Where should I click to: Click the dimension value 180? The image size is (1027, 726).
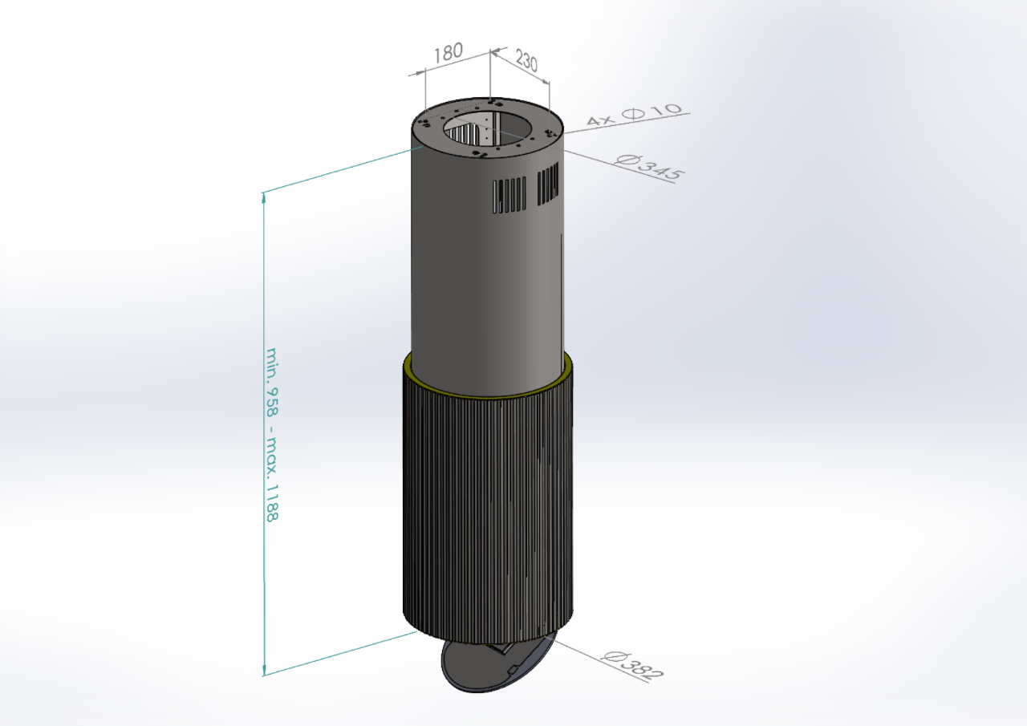(448, 53)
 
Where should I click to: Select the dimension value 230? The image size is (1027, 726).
(526, 60)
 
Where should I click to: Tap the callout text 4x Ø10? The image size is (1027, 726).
(634, 114)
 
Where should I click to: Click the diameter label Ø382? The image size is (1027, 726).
(633, 666)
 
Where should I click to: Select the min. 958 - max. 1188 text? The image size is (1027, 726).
(272, 435)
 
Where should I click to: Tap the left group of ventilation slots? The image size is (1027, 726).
(509, 195)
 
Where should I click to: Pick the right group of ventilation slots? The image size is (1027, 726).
(548, 184)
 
